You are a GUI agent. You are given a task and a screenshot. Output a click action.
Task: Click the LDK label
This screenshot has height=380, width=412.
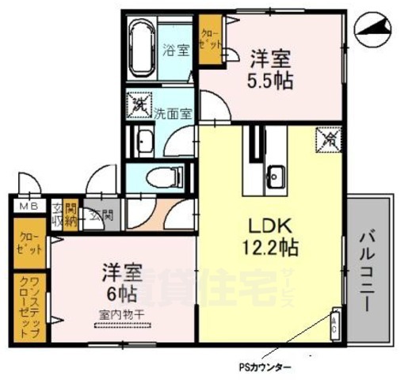coord(270,224)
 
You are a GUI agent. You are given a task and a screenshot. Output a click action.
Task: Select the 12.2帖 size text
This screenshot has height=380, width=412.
coord(269,247)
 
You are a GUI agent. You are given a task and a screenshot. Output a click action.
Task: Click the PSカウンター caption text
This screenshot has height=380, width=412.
coord(265,367)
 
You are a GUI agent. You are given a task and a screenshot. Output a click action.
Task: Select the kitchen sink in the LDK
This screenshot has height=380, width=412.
coord(275,176)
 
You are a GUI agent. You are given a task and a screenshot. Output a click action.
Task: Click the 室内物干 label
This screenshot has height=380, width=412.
coord(120,315)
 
